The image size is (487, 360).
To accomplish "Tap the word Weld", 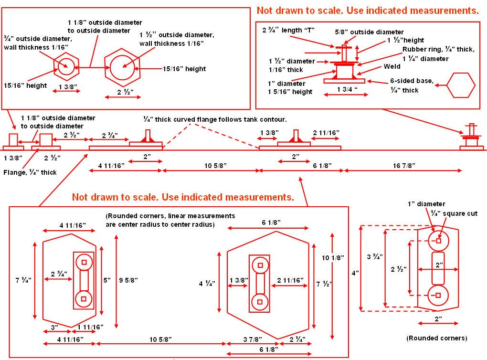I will pyautogui.click(x=392, y=67).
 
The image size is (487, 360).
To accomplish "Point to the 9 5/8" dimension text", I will pyautogui.click(x=128, y=280).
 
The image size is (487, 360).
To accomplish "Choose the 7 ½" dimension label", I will pyautogui.click(x=325, y=284).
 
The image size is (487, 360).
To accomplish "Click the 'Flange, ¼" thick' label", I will pyautogui.click(x=30, y=172).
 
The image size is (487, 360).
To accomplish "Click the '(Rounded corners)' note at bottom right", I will pyautogui.click(x=436, y=338).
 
